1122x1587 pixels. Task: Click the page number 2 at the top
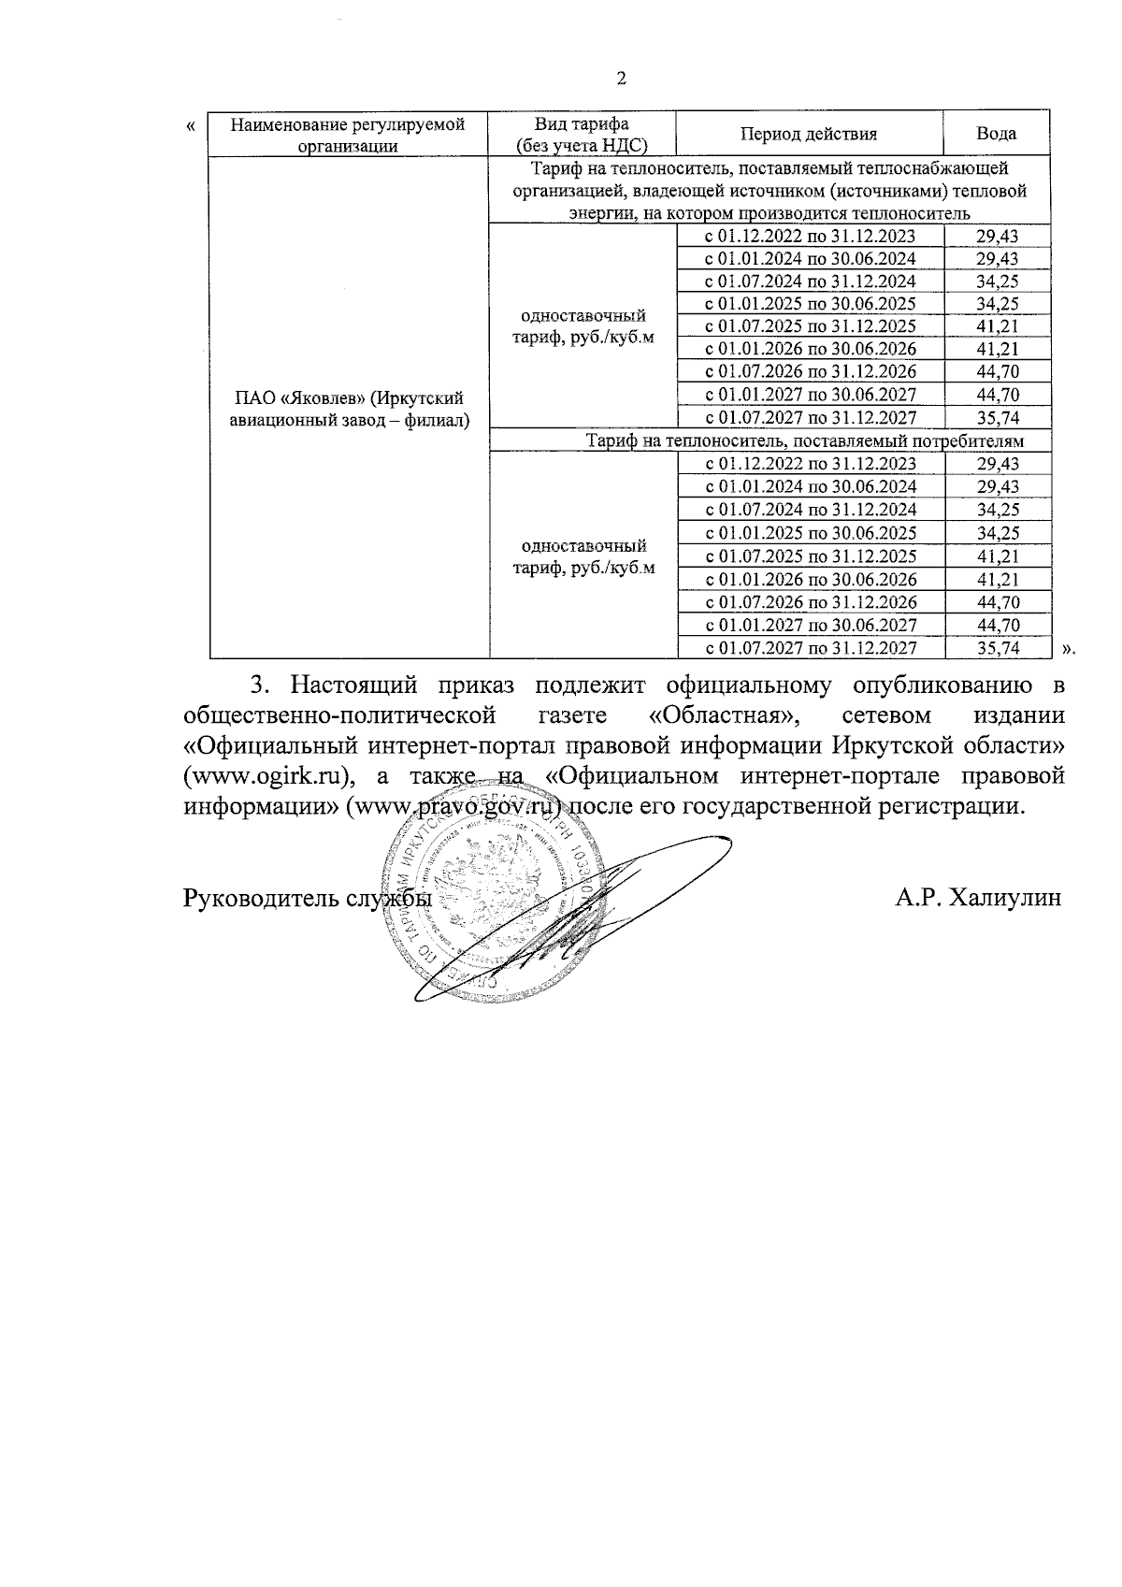[622, 79]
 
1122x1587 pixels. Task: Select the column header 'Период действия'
[809, 134]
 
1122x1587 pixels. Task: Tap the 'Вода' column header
[997, 134]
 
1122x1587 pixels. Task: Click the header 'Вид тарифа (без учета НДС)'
[582, 135]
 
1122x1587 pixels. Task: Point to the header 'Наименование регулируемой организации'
[348, 135]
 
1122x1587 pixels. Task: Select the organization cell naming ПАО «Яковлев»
[349, 410]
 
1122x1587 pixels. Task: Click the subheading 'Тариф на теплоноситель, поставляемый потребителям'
[804, 440]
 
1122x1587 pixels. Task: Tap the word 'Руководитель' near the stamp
[262, 898]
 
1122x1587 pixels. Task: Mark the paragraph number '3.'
[261, 685]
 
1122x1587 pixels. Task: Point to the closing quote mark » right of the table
[1068, 647]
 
